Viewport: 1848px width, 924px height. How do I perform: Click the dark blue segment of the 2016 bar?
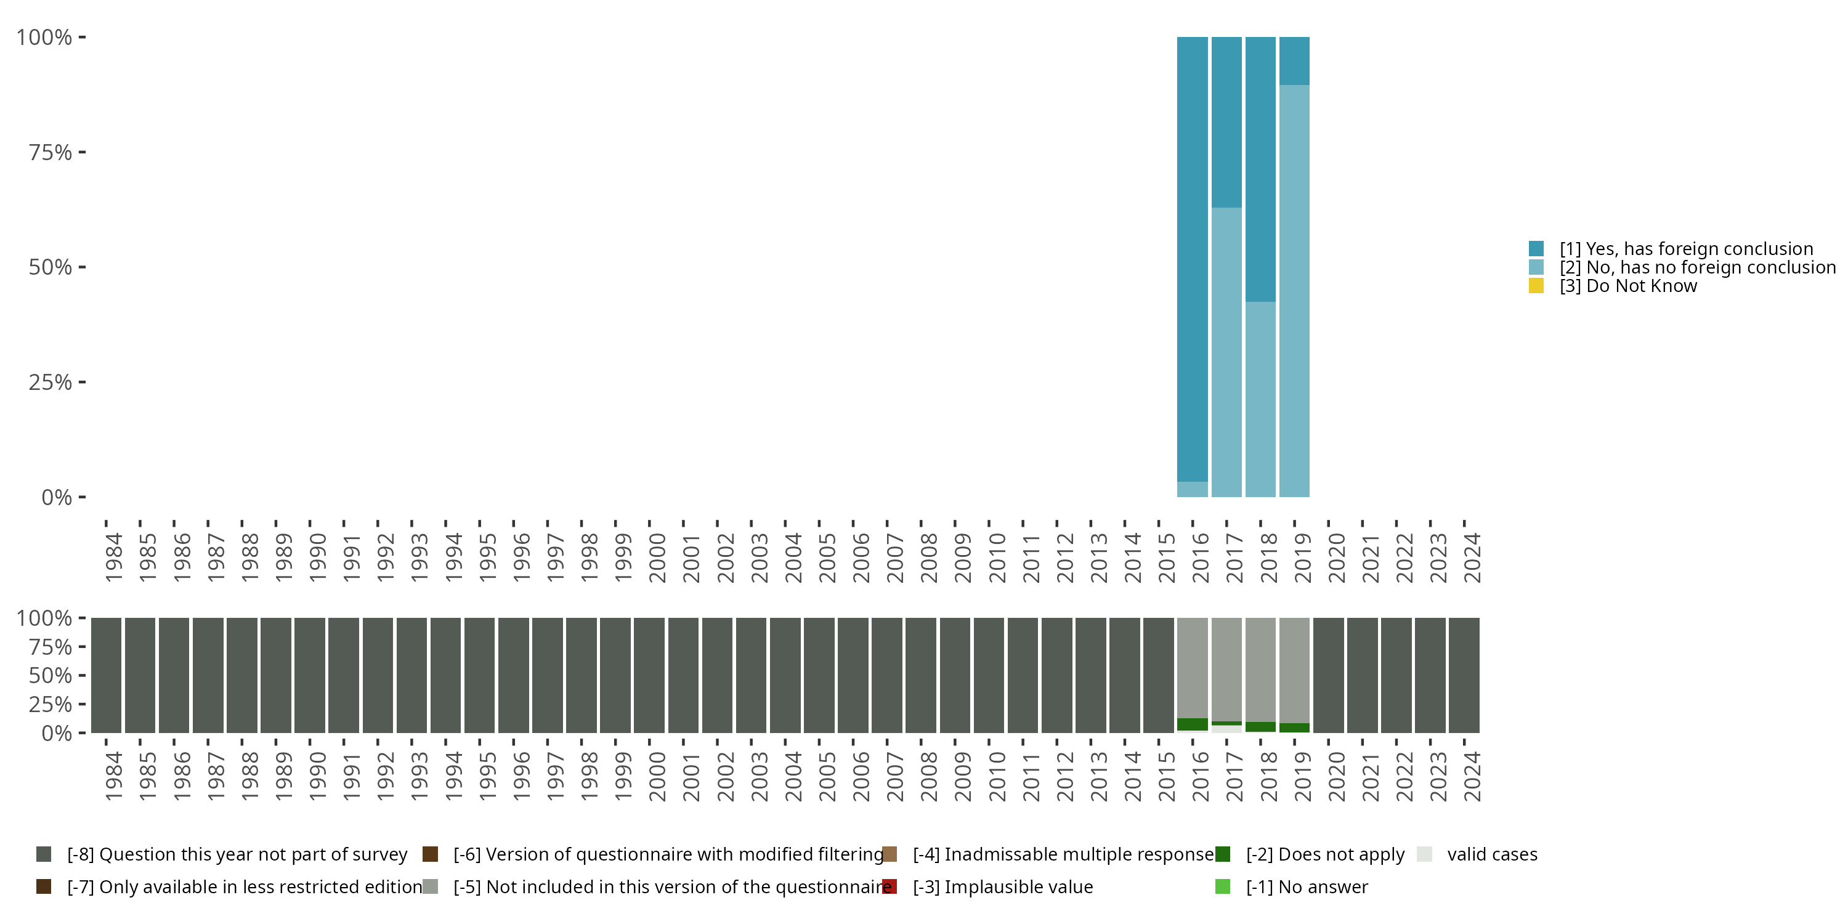[1193, 258]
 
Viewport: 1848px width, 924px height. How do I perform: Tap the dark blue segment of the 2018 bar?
[1260, 169]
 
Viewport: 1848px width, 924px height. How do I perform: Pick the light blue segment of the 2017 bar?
[1226, 352]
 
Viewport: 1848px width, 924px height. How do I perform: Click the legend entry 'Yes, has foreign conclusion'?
[1686, 249]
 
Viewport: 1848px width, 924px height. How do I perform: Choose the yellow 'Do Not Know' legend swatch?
[1536, 286]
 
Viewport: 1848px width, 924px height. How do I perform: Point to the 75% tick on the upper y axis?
[82, 152]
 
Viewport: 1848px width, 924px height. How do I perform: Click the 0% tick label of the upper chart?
[56, 497]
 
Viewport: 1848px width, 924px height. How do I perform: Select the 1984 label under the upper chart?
[113, 557]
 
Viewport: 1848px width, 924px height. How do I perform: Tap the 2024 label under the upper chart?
[1472, 557]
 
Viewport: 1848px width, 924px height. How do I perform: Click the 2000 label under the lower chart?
[657, 776]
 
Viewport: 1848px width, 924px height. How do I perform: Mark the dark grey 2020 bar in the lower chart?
[1328, 675]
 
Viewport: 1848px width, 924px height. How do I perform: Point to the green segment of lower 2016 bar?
[1193, 724]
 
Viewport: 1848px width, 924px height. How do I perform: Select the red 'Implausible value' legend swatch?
[890, 886]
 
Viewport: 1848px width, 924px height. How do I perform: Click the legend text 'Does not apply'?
[1325, 854]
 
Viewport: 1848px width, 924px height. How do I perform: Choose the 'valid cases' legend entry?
[1491, 854]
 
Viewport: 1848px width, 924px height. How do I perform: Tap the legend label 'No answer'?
[1307, 886]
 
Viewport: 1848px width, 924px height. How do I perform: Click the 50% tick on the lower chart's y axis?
[82, 675]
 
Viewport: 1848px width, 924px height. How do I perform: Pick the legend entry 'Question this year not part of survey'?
[237, 854]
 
